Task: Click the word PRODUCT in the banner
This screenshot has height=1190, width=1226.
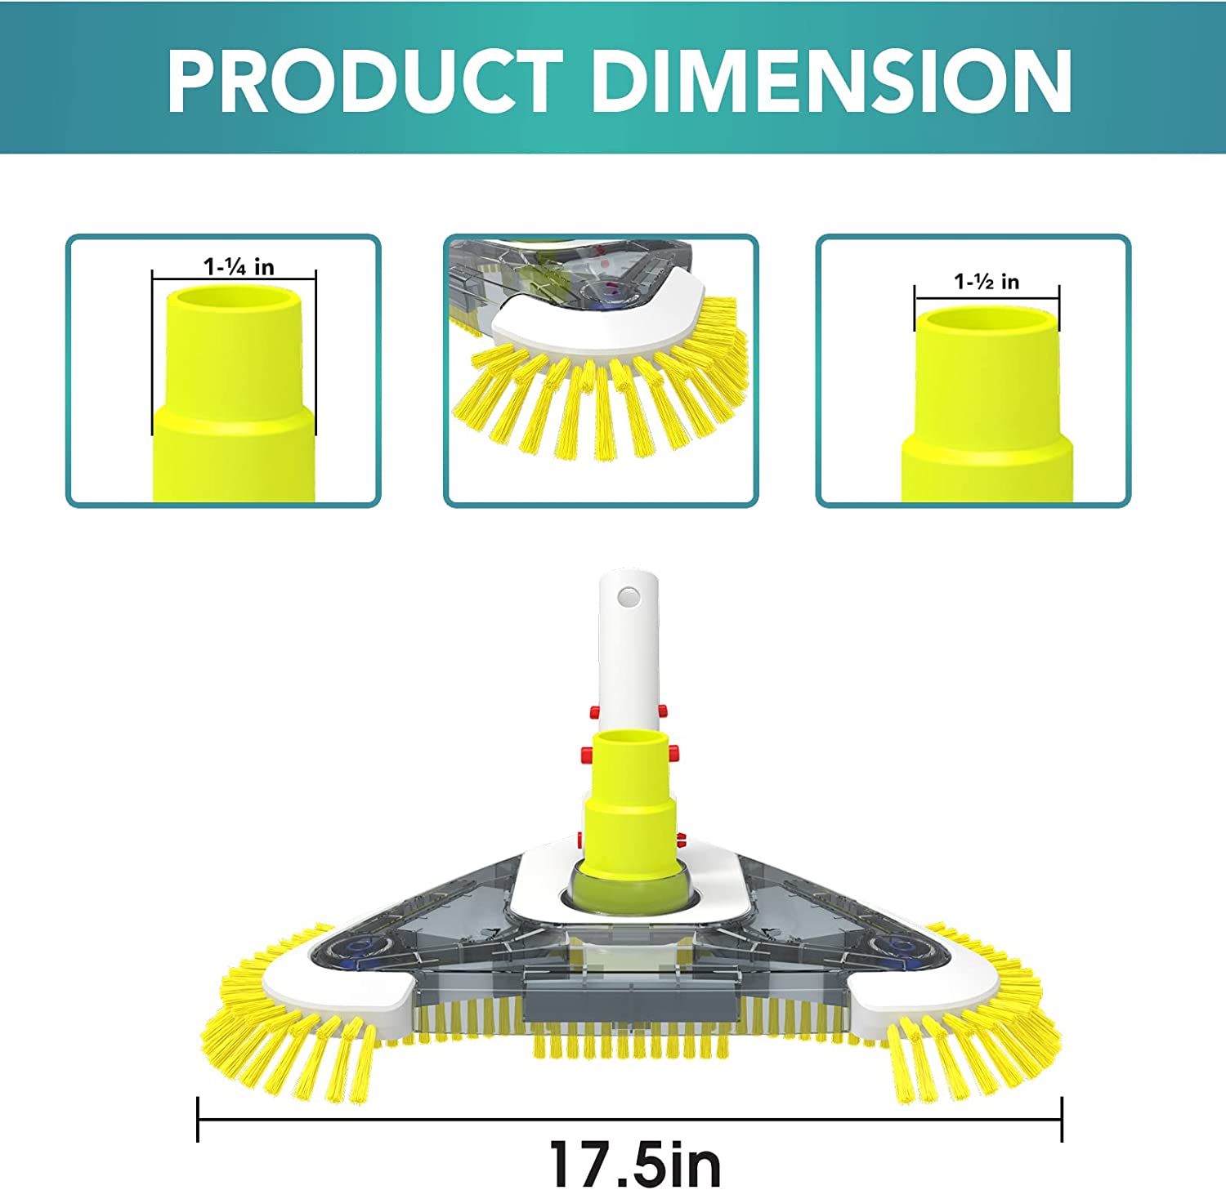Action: click(365, 81)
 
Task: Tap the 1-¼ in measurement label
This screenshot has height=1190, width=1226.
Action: click(239, 267)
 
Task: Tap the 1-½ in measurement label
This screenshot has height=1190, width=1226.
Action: click(987, 282)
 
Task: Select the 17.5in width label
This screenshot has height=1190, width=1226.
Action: click(635, 1164)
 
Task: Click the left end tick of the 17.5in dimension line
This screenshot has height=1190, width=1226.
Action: click(198, 1119)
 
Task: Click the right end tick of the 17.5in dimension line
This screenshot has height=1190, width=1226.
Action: click(1061, 1119)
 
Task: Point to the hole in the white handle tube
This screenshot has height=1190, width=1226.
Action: click(628, 595)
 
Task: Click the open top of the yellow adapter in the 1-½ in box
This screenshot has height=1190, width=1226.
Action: click(987, 319)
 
